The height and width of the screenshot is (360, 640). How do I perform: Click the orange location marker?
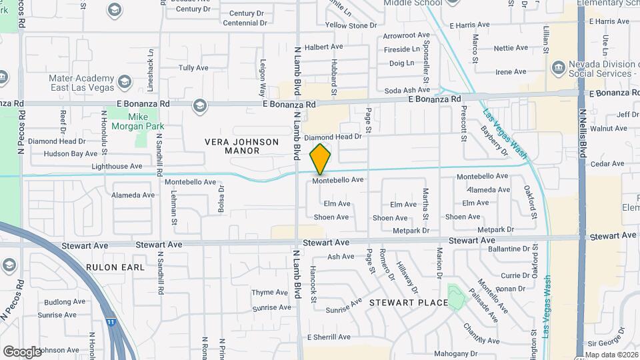click(x=321, y=159)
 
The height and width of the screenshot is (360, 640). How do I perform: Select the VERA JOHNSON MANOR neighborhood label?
click(x=232, y=146)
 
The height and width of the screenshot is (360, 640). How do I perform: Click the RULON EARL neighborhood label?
click(x=115, y=267)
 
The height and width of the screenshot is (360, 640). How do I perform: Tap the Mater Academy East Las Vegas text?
click(x=79, y=82)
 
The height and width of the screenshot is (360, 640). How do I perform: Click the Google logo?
click(x=22, y=351)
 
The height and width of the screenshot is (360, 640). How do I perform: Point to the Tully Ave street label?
click(x=193, y=68)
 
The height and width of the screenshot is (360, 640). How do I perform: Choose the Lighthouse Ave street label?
click(x=117, y=166)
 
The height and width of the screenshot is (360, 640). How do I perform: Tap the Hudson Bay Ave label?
click(x=71, y=153)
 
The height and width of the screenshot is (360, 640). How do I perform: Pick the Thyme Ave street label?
click(x=270, y=293)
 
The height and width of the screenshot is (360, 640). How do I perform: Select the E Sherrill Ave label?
click(x=328, y=337)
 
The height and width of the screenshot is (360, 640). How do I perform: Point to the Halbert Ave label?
click(x=323, y=48)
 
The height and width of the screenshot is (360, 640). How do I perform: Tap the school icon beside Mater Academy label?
click(x=123, y=82)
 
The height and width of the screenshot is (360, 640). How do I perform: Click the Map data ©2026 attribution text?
click(x=611, y=355)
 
